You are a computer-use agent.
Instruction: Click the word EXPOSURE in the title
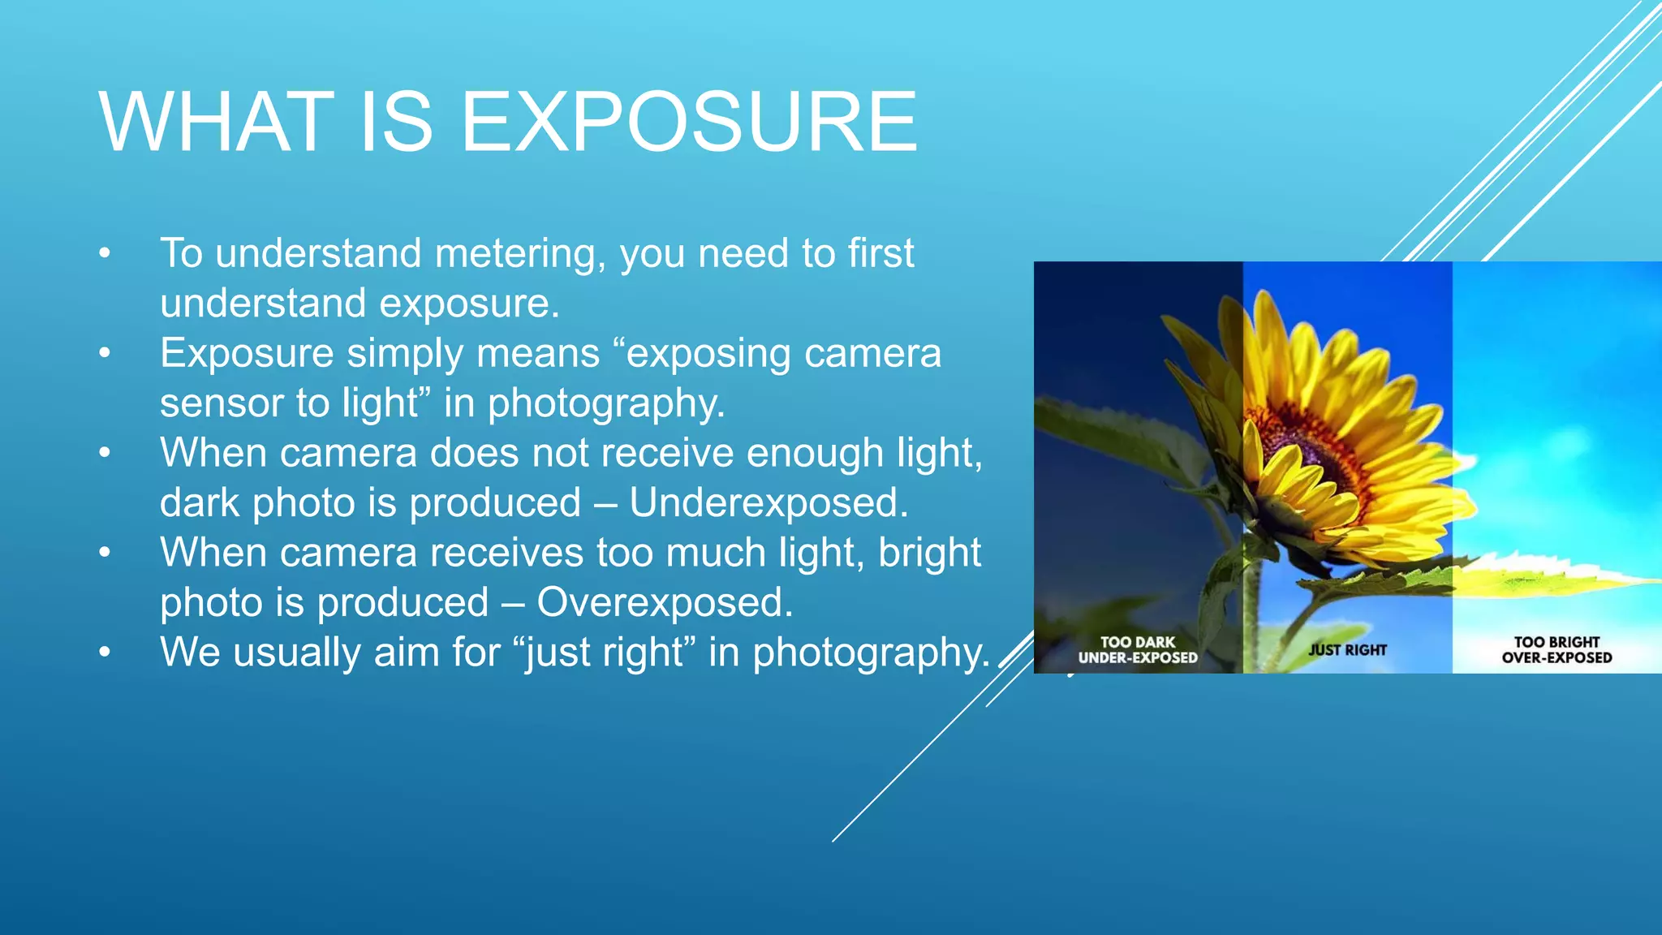coord(689,122)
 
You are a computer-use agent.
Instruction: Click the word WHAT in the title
coord(216,122)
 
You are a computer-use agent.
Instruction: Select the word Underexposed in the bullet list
coord(767,502)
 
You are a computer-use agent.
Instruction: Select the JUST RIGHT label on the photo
coord(1347,650)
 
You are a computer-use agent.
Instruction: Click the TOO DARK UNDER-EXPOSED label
coord(1138,650)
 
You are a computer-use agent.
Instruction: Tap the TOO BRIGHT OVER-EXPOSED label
coord(1557,650)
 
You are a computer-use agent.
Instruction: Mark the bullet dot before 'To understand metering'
coord(104,254)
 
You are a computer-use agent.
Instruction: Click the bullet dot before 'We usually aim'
coord(104,653)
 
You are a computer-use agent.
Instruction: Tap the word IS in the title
coord(396,122)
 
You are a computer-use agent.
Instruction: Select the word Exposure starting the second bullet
coord(247,354)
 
